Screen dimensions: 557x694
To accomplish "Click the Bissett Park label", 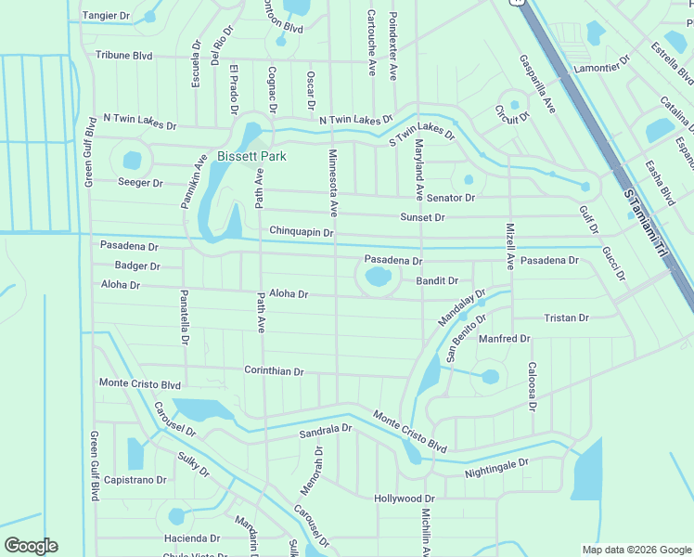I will click(x=251, y=156).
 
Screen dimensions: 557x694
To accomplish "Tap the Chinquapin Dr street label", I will click(x=301, y=230).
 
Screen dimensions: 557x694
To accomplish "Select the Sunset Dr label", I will click(x=422, y=217).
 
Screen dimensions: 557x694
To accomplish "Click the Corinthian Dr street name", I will click(x=274, y=371).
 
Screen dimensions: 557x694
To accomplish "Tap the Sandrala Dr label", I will click(x=326, y=431).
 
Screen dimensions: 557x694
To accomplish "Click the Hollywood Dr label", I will click(x=405, y=499).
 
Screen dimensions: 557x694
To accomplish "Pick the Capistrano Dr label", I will click(x=135, y=480).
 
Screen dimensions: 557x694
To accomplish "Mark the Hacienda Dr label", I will click(x=191, y=538).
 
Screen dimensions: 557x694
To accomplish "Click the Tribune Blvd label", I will click(x=123, y=56).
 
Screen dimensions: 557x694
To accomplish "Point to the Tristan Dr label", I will click(x=566, y=317).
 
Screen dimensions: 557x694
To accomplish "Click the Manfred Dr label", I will click(x=504, y=339).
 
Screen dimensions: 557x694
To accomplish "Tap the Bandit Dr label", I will click(x=437, y=280).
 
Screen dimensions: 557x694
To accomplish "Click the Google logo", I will click(x=31, y=546).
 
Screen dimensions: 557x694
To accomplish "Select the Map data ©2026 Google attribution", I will click(x=636, y=550).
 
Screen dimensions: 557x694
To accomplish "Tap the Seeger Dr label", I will click(x=140, y=182).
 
